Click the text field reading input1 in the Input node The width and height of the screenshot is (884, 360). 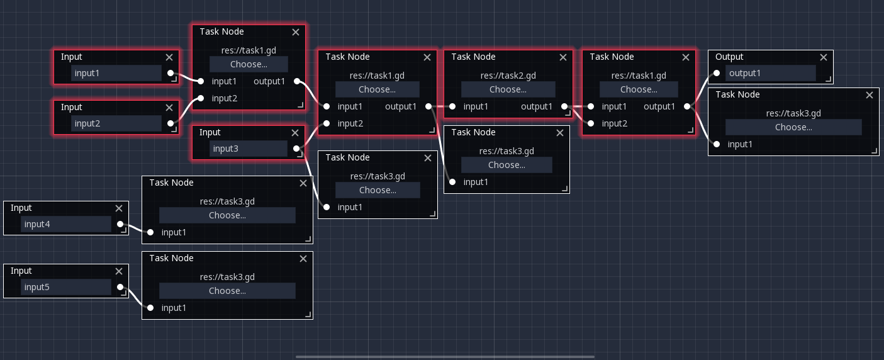tap(116, 73)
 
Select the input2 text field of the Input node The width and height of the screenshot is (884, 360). tap(116, 123)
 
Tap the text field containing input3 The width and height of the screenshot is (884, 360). tap(249, 149)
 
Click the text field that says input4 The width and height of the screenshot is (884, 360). tap(66, 224)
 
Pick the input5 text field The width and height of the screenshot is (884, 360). tap(66, 287)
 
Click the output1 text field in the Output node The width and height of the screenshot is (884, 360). tap(770, 73)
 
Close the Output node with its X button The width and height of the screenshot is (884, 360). tap(823, 57)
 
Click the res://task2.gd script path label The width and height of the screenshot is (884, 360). tap(508, 76)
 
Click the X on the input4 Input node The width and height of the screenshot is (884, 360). tap(119, 208)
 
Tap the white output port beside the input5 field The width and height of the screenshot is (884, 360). tap(120, 287)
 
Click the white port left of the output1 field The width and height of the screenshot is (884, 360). tap(717, 73)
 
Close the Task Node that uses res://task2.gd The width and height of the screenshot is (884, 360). tap(563, 57)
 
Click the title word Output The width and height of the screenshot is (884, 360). tap(729, 57)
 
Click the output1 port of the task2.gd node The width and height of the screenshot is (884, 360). tap(564, 106)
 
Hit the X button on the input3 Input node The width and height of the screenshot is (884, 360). tap(295, 133)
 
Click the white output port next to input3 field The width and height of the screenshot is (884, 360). tap(296, 149)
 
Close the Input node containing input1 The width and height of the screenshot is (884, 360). tap(169, 57)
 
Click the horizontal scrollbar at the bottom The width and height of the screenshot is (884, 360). tap(445, 357)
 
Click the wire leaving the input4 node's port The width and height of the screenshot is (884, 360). tap(135, 228)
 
